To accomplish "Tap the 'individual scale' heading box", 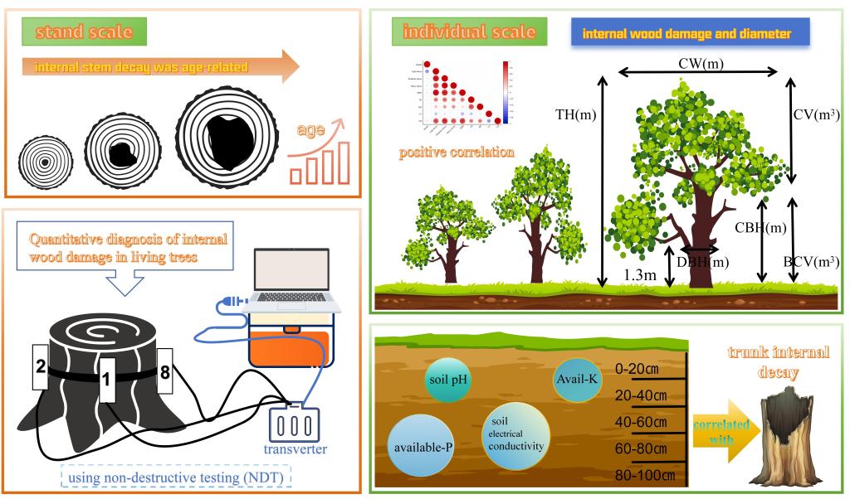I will pos(469,33).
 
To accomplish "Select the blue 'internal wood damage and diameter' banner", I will pos(691,34).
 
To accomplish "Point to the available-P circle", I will pos(424,448).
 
